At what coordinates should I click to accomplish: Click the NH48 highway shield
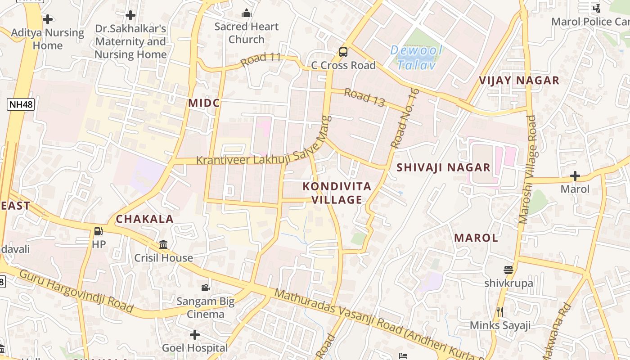point(21,105)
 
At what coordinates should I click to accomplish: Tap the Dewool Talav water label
point(416,57)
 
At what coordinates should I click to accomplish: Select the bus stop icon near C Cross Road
point(343,52)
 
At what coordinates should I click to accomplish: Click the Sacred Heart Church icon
point(246,13)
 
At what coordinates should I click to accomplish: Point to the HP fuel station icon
point(98,231)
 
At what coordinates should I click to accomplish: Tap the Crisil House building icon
point(163,245)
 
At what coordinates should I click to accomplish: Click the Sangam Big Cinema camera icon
point(205,288)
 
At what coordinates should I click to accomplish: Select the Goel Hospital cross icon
point(194,335)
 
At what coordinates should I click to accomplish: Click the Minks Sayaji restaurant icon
point(499,311)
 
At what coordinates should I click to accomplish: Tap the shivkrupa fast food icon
point(508,270)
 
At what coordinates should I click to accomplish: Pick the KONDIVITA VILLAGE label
point(337,193)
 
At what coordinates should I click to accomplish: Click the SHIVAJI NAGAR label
point(443,167)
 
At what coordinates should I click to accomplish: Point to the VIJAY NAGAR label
point(519,81)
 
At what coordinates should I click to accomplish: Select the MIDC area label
point(204,103)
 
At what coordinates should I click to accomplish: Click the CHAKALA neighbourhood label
point(144,219)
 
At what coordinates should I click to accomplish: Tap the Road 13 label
point(364,98)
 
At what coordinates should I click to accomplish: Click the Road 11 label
point(261,59)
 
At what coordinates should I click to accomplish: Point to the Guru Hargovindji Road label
point(76,291)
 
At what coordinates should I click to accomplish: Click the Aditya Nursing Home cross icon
point(48,19)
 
